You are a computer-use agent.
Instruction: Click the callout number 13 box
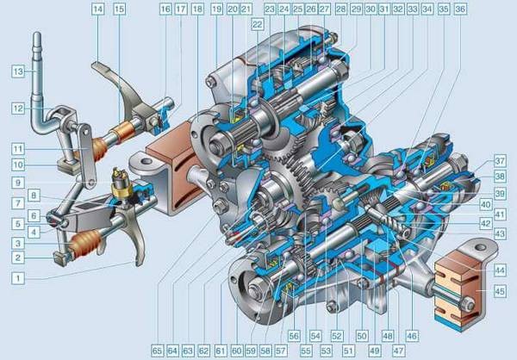tap(18, 71)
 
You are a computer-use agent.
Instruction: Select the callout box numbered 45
tap(500, 291)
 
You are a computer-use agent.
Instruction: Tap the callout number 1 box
tap(18, 278)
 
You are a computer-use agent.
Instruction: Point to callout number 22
tap(257, 24)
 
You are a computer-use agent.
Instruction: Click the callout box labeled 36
tap(460, 9)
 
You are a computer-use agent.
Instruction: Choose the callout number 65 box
tap(158, 351)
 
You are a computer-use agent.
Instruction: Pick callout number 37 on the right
tap(500, 161)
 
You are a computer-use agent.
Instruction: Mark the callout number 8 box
tap(34, 196)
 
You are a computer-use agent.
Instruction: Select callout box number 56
tap(294, 336)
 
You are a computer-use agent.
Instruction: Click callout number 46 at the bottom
tap(411, 336)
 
